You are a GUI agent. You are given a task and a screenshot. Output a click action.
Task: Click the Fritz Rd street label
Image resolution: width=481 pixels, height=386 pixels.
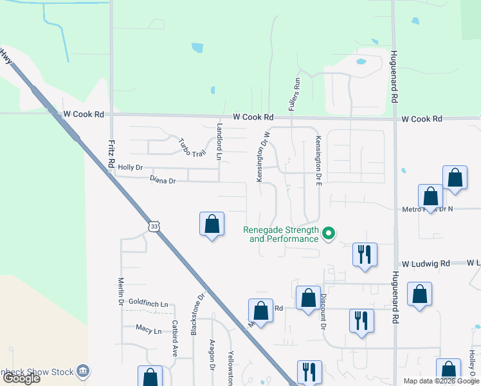[x=111, y=152]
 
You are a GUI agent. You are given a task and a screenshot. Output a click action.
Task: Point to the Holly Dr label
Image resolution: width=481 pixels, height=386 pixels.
[x=130, y=168]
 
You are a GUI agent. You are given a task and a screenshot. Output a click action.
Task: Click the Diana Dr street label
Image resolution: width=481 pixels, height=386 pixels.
[x=162, y=181]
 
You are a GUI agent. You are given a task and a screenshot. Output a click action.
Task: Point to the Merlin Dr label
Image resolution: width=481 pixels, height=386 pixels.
[x=120, y=291]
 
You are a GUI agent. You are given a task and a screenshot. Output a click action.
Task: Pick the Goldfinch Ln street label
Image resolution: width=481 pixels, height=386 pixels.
[x=148, y=303]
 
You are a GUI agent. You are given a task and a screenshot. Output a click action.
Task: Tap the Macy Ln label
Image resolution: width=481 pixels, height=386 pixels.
[x=149, y=330]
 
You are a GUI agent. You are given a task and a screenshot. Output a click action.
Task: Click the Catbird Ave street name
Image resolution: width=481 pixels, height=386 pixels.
[x=174, y=338]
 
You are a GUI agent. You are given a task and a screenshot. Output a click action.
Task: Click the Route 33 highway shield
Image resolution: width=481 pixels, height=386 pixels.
[x=152, y=226]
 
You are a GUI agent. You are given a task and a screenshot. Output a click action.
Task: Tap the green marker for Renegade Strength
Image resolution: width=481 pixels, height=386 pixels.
[x=329, y=233]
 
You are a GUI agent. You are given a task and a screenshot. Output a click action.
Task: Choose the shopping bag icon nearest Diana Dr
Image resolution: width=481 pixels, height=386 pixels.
[x=212, y=224]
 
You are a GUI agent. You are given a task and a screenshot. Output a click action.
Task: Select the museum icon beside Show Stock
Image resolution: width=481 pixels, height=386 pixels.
[x=82, y=371]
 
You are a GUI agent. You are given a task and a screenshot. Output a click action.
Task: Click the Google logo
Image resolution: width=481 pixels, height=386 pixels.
[x=21, y=379]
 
